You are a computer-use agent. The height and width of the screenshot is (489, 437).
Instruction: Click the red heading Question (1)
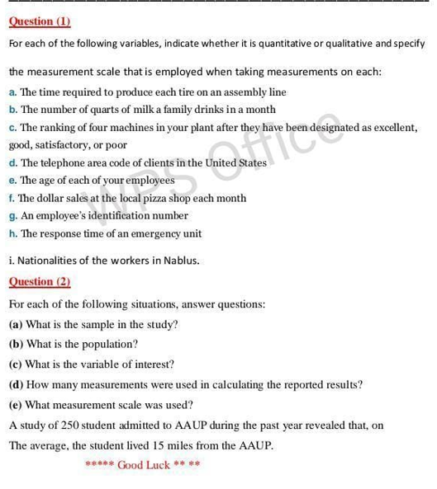[x=40, y=21]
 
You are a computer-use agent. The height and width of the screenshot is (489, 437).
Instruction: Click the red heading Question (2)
[x=40, y=282]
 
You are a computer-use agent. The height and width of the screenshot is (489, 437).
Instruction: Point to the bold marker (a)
[x=16, y=325]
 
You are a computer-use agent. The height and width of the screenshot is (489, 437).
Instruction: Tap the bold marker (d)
[x=16, y=385]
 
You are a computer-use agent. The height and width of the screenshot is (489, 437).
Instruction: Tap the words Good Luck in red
[x=144, y=465]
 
